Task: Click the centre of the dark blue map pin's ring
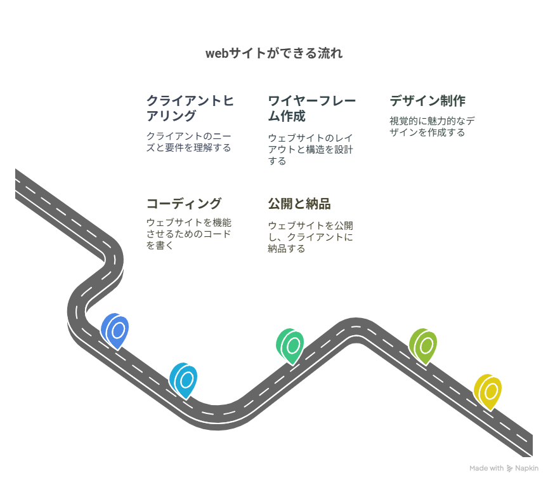118,331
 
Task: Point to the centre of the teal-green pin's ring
293,345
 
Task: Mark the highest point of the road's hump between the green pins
356,317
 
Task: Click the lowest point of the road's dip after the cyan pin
218,430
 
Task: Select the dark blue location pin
115,331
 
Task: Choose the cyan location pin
183,381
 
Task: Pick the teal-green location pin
290,347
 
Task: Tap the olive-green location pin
423,347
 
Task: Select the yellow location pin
488,392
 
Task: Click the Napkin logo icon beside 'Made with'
509,469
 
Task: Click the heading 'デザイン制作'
427,101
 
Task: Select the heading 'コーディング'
184,204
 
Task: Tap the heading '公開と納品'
299,204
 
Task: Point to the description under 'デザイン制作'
432,126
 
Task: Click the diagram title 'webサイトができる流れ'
274,53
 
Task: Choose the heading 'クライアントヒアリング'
190,108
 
